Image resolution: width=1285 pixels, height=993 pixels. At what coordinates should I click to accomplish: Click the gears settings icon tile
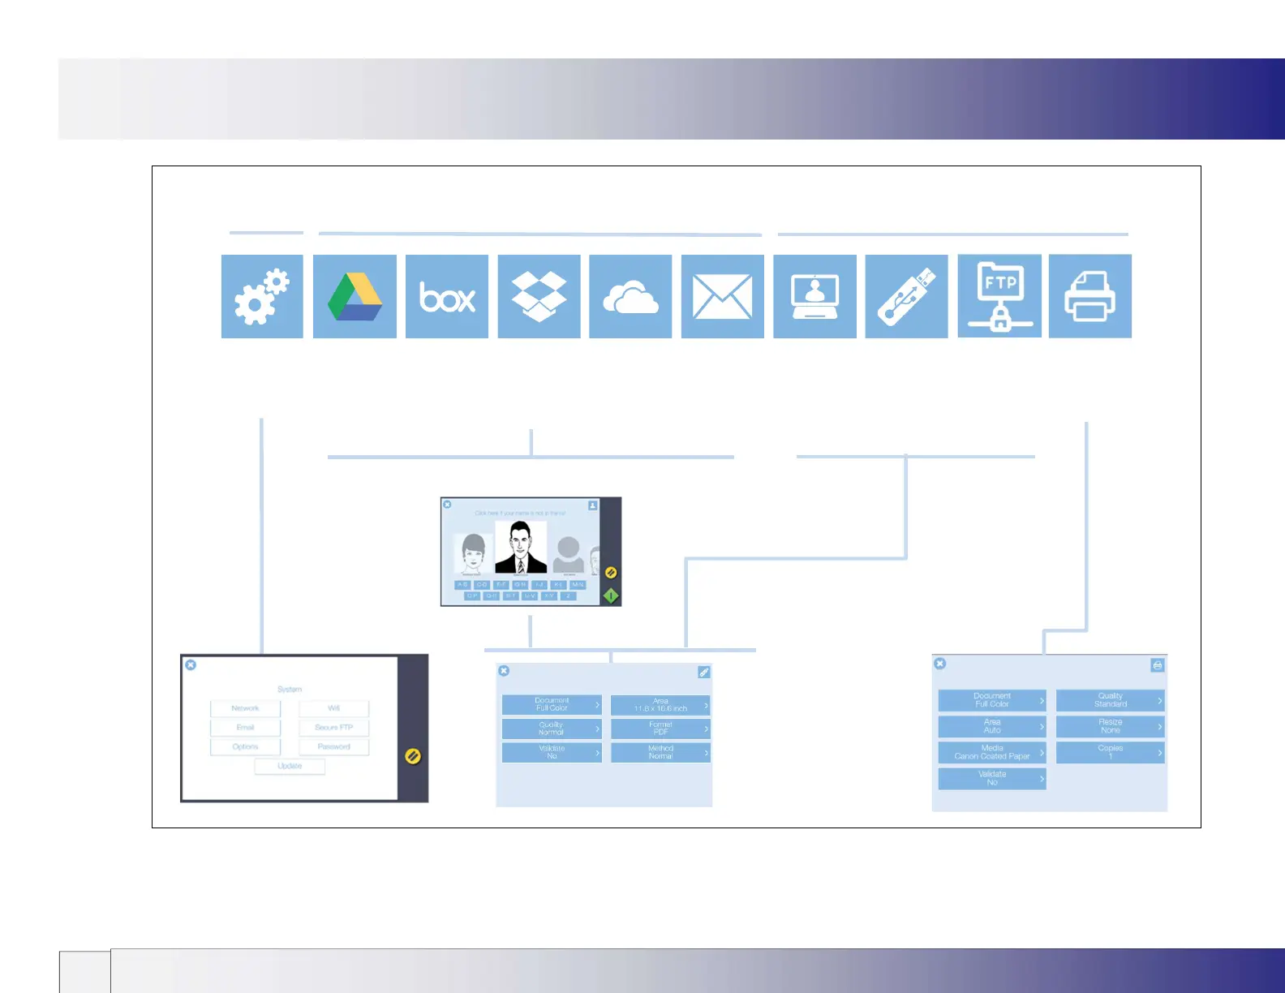coord(262,296)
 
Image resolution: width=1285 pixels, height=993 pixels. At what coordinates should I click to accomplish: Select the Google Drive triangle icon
coord(355,296)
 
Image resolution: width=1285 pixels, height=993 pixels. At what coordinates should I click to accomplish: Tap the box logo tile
coord(447,297)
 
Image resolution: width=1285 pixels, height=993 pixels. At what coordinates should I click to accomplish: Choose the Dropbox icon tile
coord(539,296)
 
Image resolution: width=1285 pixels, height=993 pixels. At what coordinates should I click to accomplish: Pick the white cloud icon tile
coord(630,297)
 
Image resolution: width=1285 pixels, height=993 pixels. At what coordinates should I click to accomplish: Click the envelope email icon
coord(722,297)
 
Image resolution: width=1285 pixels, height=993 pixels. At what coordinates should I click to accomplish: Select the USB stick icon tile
coord(906,297)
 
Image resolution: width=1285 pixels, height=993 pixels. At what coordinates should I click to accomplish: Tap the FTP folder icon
coord(999,296)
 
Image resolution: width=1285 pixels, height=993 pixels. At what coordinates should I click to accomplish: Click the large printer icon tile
coord(1089,296)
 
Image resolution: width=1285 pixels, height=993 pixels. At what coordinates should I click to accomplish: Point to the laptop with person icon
coord(814,297)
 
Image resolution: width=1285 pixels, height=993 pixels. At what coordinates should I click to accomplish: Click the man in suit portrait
coord(520,548)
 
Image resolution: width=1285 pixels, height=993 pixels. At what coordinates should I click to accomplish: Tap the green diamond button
coord(611,596)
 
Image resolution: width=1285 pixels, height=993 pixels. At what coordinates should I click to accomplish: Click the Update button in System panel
coord(290,766)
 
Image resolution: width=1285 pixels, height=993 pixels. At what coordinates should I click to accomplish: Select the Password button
coord(333,746)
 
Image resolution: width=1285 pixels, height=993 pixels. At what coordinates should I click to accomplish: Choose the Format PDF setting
coord(660,729)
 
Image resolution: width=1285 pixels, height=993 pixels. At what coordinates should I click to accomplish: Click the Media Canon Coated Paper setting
coord(991,752)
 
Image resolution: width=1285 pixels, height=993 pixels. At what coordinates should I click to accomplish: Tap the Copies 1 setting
coord(1110,752)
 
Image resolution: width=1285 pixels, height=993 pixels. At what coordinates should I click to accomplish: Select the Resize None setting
coord(1110,726)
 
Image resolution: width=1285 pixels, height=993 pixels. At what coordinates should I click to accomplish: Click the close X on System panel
coord(191,664)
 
